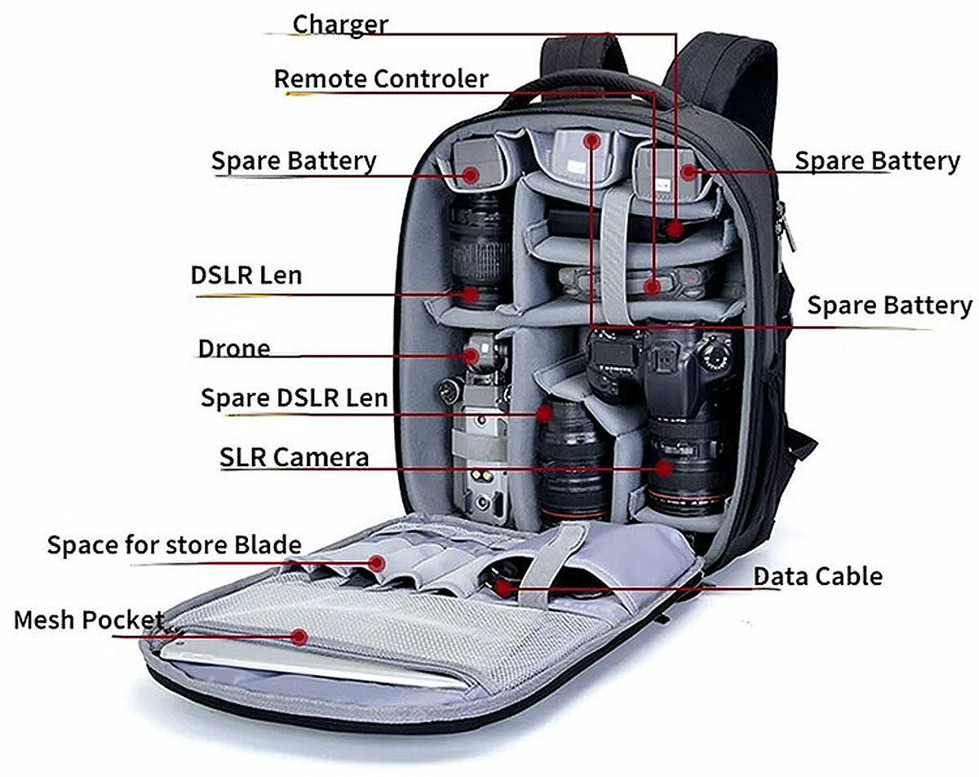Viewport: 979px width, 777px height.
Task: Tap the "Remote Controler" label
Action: [x=381, y=79]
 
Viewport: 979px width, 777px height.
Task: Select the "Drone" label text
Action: [x=233, y=349]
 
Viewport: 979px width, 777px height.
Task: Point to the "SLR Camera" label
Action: [x=294, y=457]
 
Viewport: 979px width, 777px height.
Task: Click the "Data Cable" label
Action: [x=818, y=576]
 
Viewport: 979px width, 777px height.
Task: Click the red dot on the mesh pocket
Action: [x=299, y=636]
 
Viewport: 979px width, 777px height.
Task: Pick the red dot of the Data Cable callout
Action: [x=503, y=587]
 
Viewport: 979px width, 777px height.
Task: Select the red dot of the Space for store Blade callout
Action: [x=376, y=562]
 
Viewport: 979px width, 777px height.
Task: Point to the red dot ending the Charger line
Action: [x=674, y=228]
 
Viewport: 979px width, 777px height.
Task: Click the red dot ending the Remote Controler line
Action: [x=651, y=286]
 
